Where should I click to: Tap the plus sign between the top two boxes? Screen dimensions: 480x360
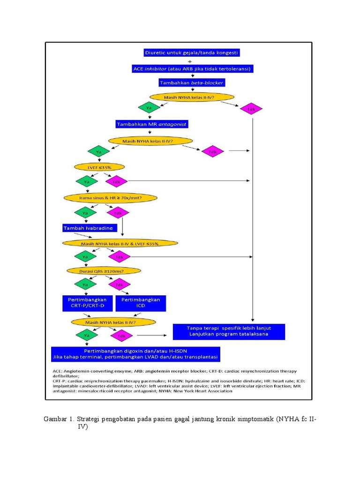pyautogui.click(x=189, y=61)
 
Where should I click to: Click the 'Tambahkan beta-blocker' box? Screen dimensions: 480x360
pyautogui.click(x=192, y=82)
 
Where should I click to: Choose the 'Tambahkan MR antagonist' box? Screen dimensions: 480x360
pyautogui.click(x=152, y=124)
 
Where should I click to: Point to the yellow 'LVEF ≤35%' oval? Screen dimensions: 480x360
pyautogui.click(x=99, y=167)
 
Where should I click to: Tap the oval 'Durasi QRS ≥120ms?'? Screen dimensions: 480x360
pyautogui.click(x=97, y=270)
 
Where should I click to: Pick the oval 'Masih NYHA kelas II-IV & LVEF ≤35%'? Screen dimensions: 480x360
pyautogui.click(x=120, y=243)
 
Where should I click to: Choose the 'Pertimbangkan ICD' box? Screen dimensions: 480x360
pyautogui.click(x=141, y=302)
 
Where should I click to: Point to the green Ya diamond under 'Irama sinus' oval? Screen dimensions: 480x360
pyautogui.click(x=85, y=213)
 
